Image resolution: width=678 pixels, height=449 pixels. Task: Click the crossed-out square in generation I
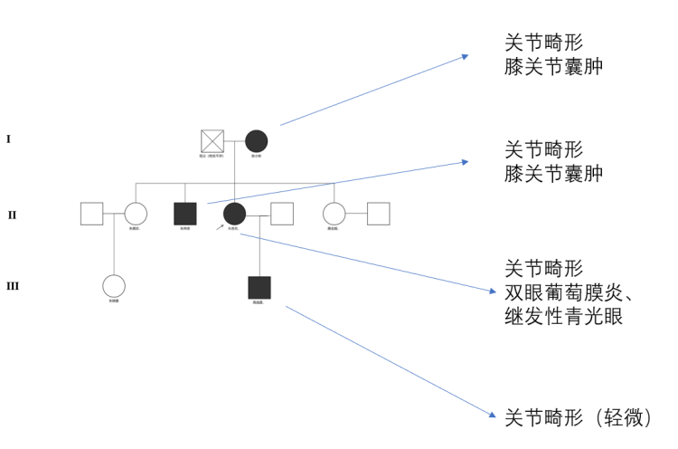tap(212, 141)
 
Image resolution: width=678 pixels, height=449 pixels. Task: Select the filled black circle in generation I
tap(257, 141)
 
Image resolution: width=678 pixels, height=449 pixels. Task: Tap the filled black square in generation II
tap(185, 214)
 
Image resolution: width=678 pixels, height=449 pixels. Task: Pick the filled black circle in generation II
tap(234, 214)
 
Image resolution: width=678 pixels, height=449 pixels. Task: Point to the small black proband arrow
tap(220, 226)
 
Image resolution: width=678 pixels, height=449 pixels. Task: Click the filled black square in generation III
tap(259, 287)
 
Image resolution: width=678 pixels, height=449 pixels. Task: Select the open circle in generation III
tap(113, 286)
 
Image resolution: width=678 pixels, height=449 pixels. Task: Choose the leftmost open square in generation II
tap(91, 214)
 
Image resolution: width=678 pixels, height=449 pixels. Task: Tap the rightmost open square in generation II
tap(378, 214)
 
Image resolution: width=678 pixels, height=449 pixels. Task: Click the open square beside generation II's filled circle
tap(282, 214)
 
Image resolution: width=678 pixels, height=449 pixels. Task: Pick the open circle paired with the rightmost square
tap(334, 214)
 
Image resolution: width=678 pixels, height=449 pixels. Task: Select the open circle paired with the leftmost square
tap(136, 214)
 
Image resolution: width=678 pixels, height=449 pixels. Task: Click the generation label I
tap(8, 139)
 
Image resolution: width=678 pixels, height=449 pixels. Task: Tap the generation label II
tap(12, 215)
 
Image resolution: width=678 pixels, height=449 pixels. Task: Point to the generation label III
tap(14, 287)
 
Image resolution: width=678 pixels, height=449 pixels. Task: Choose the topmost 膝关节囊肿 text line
tap(554, 68)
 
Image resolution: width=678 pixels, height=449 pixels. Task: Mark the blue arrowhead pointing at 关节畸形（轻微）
tap(493, 416)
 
